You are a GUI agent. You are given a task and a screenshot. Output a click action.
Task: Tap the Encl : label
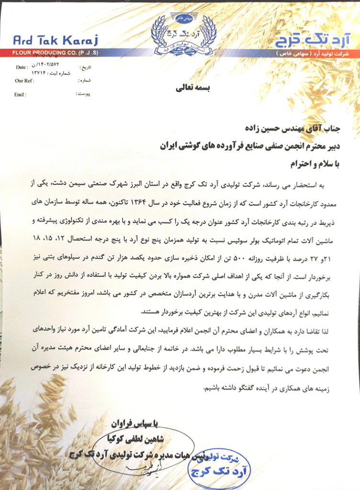[20, 94]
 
